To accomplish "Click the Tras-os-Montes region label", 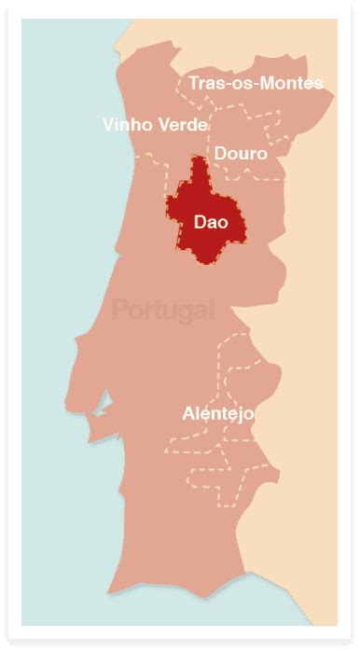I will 256,84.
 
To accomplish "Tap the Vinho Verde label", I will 156,124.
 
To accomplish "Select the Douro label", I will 240,153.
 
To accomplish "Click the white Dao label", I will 211,222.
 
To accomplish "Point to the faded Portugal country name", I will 162,310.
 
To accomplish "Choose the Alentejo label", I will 219,413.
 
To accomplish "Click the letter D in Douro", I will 220,153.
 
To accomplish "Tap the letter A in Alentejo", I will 190,413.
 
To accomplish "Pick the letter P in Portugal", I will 119,310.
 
